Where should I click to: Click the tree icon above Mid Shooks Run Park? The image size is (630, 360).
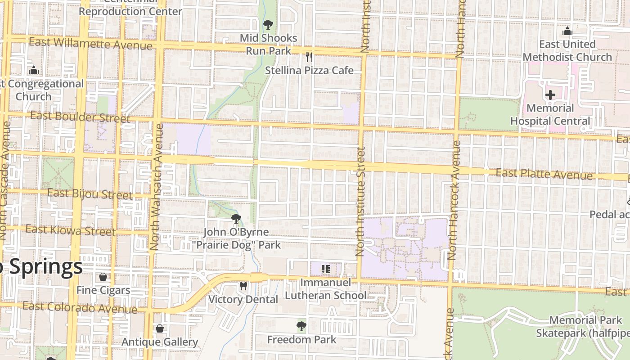(268, 24)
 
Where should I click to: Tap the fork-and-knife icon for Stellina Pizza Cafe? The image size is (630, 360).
(309, 57)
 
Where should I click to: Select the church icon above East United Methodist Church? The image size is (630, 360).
(567, 31)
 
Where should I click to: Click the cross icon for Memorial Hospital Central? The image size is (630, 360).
(550, 95)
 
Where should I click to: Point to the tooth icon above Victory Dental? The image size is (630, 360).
(243, 286)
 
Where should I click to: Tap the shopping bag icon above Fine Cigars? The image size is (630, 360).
(103, 276)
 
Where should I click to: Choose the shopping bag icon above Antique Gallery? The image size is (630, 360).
(160, 328)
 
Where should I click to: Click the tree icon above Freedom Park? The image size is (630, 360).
(301, 326)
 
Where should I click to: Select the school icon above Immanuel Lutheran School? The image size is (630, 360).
(326, 269)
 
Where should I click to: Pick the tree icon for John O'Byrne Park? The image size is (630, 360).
(236, 219)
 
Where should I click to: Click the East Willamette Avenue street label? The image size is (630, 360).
(90, 44)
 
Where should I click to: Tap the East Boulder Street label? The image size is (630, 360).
(80, 117)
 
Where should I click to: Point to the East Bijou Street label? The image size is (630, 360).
(90, 194)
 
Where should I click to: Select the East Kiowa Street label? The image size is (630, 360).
(70, 230)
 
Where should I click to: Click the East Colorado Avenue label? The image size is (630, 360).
(80, 308)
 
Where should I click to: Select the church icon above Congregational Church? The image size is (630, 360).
(33, 70)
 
